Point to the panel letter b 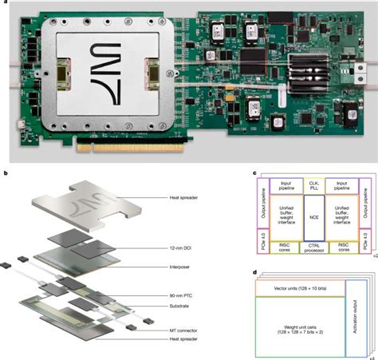(7, 173)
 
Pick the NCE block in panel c (314, 216)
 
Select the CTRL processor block (314, 247)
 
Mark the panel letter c (253, 173)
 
